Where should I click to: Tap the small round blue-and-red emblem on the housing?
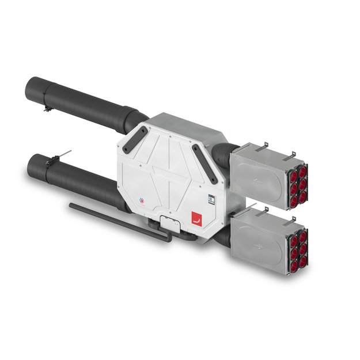[x=143, y=201]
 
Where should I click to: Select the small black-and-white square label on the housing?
[x=211, y=199]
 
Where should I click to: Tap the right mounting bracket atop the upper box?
[x=292, y=154]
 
